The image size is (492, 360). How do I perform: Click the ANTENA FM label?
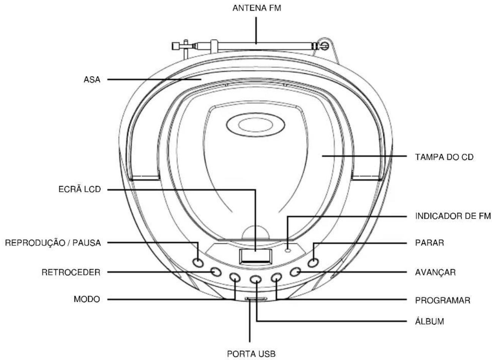[257, 8]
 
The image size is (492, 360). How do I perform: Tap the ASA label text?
[92, 79]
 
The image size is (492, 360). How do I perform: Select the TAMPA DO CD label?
[444, 157]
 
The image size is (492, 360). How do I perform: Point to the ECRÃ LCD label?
[79, 189]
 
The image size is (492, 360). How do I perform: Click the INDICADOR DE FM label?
[453, 216]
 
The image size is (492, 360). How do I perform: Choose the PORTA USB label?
[251, 354]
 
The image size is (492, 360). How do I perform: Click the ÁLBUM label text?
[429, 321]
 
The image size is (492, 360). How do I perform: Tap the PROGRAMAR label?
[443, 300]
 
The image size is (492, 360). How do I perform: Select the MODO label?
[87, 299]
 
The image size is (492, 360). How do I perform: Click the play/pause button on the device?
[198, 262]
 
